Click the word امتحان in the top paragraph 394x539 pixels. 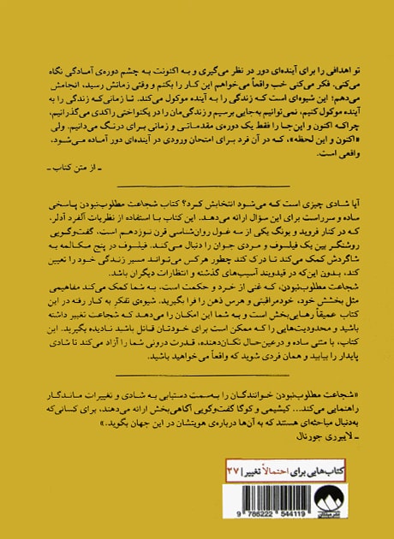coord(185,146)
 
